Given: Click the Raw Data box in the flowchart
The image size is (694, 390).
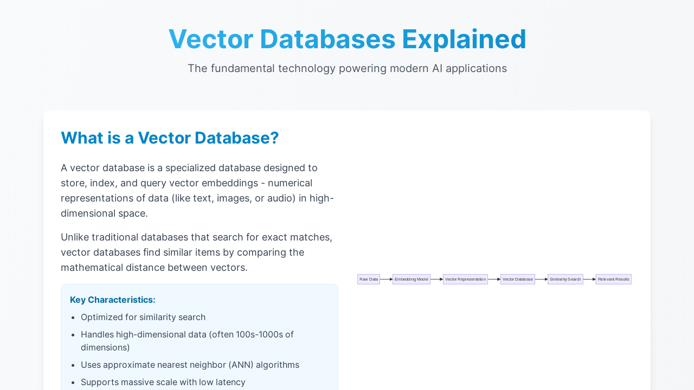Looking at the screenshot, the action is click(x=368, y=279).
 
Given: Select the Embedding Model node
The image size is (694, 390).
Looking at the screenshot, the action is click(x=411, y=279).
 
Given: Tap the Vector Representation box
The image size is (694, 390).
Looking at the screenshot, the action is click(x=465, y=279).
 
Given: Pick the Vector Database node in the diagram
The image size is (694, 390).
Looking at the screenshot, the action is click(x=518, y=279).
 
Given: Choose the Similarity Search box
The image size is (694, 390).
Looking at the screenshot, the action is click(x=565, y=279).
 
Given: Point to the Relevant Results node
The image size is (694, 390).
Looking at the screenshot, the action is click(x=613, y=279).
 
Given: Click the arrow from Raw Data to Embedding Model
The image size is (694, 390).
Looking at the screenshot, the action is click(x=387, y=279).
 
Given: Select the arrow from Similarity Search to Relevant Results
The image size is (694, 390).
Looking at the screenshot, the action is click(x=589, y=279).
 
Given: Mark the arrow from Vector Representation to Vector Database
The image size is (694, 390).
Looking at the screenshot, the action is click(x=494, y=279).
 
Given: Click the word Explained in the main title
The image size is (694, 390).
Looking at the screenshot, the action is click(x=464, y=40).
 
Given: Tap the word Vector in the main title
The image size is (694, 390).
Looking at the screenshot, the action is click(x=211, y=40).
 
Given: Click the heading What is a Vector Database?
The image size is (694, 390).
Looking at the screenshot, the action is click(x=170, y=138).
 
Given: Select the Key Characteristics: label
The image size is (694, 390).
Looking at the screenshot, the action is click(x=112, y=300).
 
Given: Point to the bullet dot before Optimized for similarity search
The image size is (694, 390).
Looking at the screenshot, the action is click(x=73, y=317).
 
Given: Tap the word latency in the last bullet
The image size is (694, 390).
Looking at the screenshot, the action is click(x=230, y=382).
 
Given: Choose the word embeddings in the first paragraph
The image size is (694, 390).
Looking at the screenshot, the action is click(x=230, y=183).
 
